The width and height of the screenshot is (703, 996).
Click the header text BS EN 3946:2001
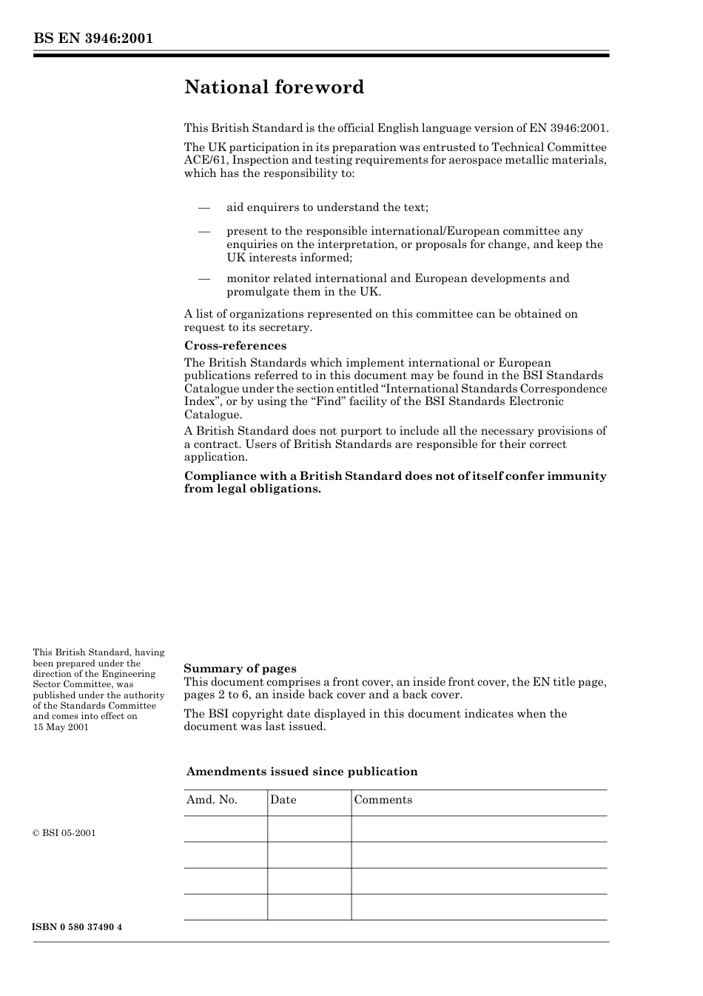click(92, 39)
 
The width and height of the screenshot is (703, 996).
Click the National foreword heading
click(274, 87)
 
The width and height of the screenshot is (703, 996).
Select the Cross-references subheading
click(235, 346)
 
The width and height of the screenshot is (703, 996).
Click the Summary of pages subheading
click(240, 669)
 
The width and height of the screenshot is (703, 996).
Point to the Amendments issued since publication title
click(302, 772)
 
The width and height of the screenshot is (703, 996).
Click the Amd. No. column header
click(212, 800)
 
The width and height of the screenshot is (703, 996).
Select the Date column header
click(283, 800)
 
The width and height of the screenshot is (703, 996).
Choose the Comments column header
click(383, 800)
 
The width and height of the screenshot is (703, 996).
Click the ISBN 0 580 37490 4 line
click(77, 927)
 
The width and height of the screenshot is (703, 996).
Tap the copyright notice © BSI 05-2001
click(64, 833)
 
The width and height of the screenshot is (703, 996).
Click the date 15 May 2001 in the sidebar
click(61, 727)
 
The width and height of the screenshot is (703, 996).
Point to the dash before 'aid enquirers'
click(204, 208)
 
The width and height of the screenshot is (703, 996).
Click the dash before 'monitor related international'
click(204, 279)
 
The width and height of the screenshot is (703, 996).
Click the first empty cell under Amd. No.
click(225, 829)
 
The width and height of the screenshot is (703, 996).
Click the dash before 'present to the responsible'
click(204, 232)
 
